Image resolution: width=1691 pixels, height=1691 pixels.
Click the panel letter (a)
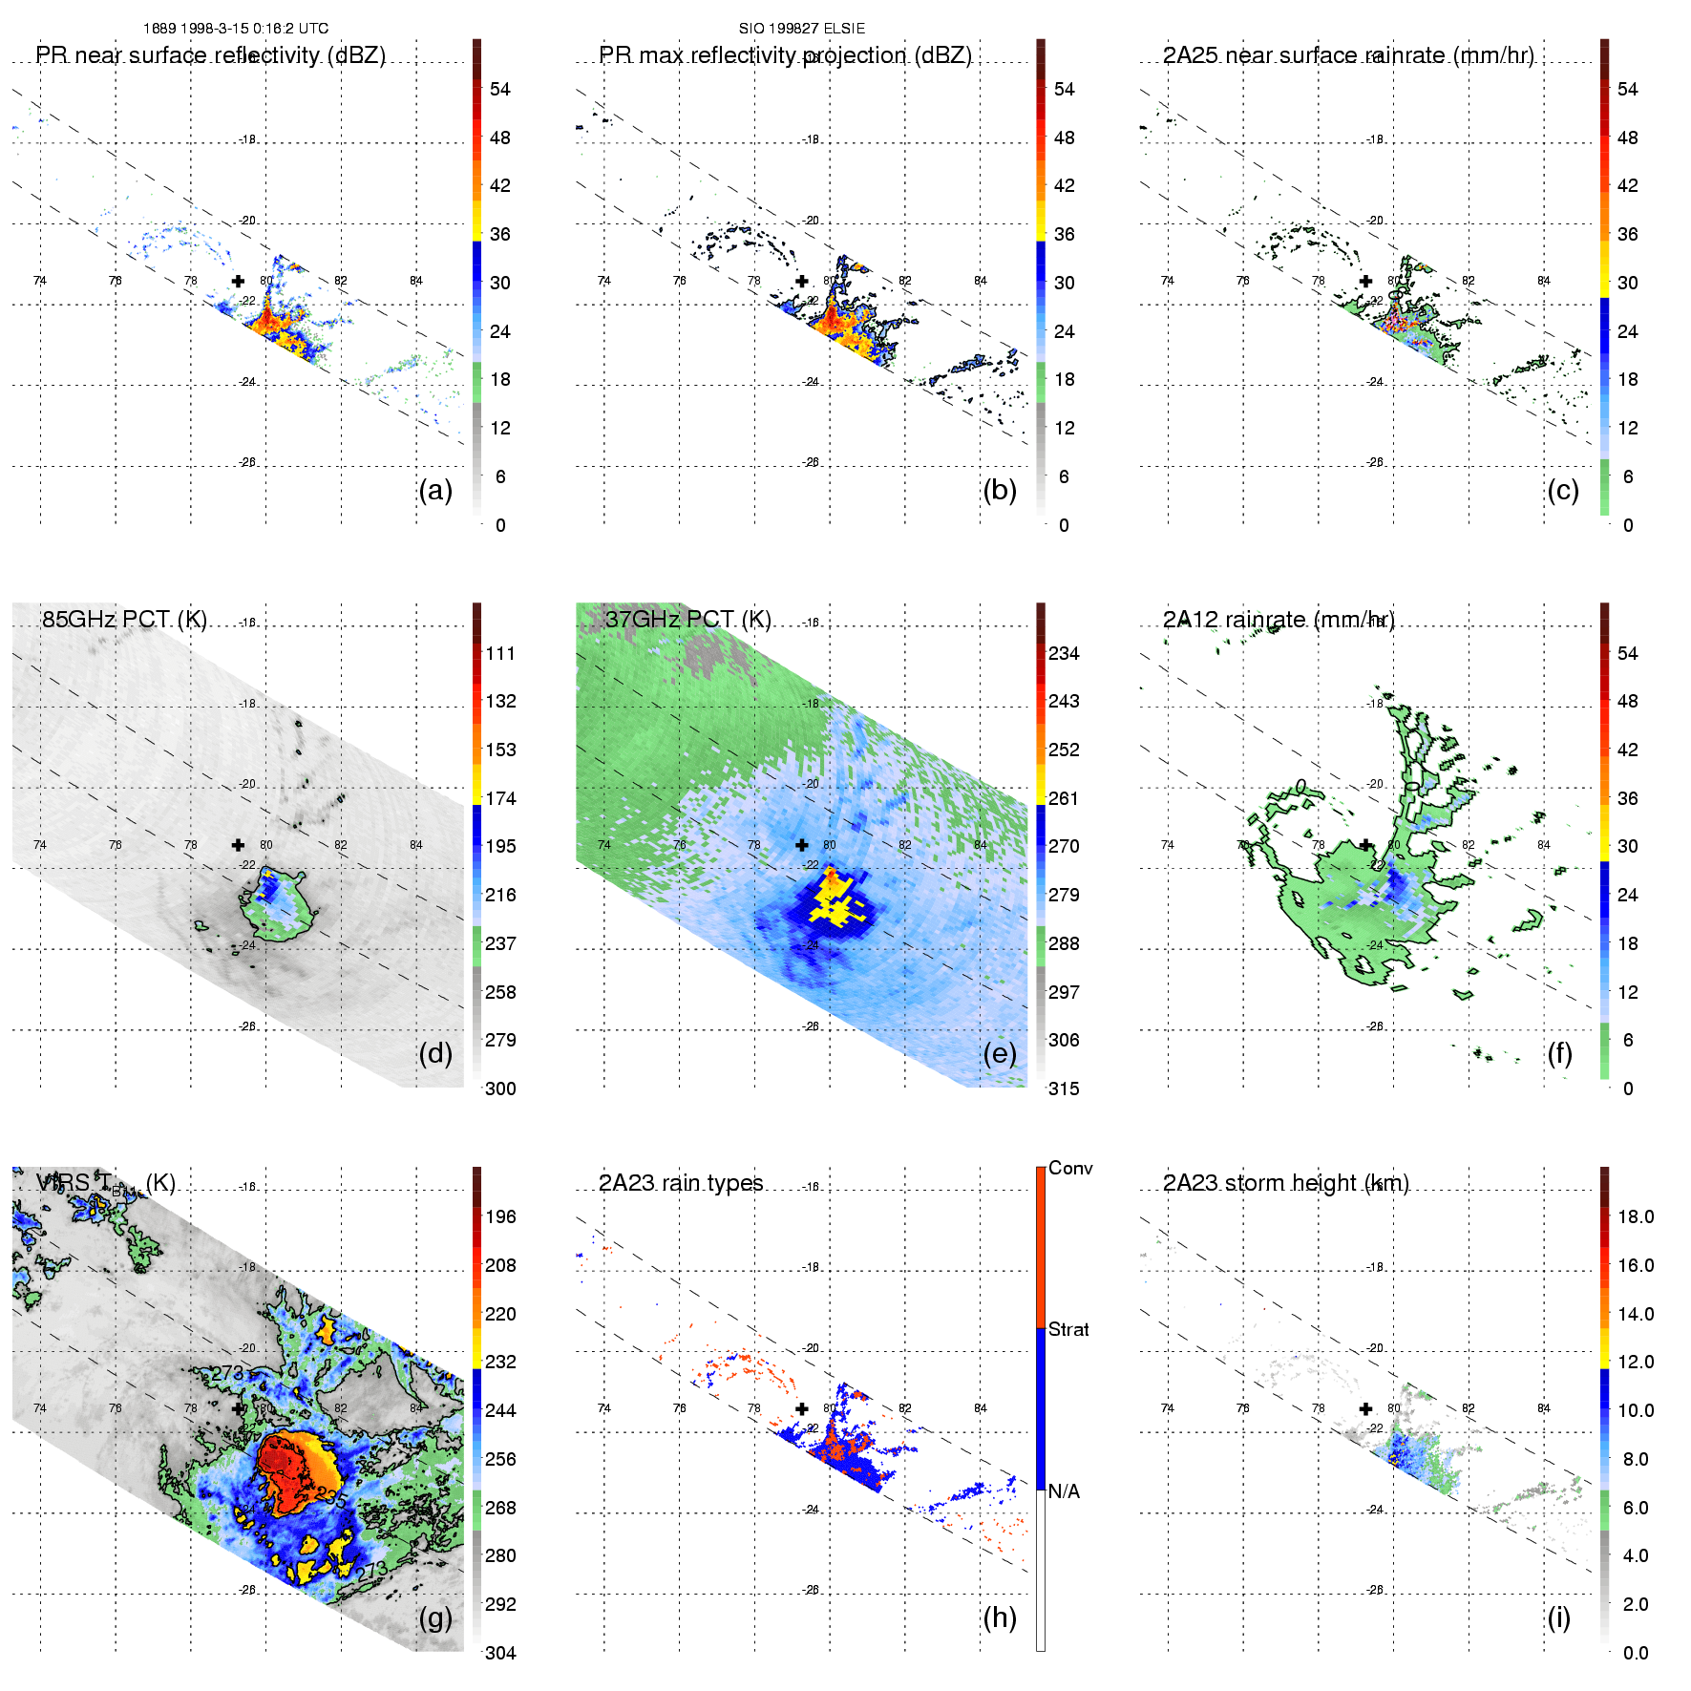[x=435, y=491]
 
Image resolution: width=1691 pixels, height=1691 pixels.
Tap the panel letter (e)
[x=999, y=1054]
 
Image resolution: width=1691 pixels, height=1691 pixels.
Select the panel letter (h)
[x=999, y=1617]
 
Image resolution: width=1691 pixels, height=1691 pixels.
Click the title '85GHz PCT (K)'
[x=124, y=619]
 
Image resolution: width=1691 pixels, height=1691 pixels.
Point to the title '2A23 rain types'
[x=681, y=1183]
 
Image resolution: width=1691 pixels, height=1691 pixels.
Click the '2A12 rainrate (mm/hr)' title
[x=1279, y=620]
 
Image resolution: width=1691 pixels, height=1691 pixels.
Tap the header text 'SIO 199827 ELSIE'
[x=802, y=29]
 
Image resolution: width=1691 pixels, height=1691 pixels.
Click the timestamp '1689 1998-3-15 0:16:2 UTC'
[x=236, y=29]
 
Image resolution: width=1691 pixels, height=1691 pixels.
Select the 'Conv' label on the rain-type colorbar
[x=1070, y=1168]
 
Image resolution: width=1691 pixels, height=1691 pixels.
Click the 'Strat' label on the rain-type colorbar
[x=1068, y=1329]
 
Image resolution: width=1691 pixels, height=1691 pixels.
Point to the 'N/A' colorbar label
[x=1064, y=1491]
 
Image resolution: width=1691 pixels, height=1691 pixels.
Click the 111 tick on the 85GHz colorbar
[x=500, y=653]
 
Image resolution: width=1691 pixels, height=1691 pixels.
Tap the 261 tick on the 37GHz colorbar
[x=1064, y=798]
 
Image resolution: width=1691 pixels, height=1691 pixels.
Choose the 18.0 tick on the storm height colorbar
[x=1636, y=1216]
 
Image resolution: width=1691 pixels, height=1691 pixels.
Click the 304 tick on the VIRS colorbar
[x=500, y=1653]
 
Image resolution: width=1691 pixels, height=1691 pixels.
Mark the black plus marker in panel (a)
[x=238, y=281]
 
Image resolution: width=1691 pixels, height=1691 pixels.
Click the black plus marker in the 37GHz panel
[x=802, y=845]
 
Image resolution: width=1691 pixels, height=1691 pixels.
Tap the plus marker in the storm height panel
[x=1365, y=1408]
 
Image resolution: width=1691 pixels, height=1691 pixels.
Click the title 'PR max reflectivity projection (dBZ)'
[x=785, y=55]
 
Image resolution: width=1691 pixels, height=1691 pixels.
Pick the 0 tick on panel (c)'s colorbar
[x=1628, y=525]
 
